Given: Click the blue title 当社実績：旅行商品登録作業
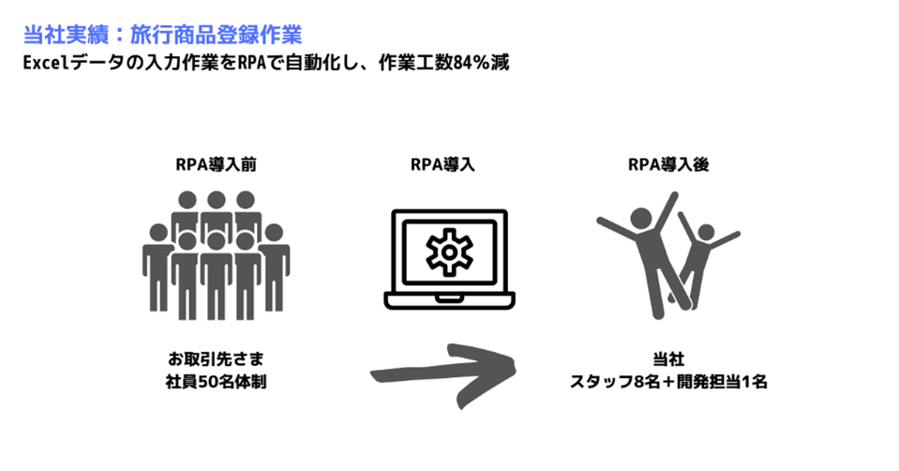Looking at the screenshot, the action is point(162,35).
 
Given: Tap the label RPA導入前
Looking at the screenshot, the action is point(217,164).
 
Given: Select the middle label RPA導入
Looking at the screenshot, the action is point(442,164).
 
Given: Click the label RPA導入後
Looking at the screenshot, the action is point(668,164).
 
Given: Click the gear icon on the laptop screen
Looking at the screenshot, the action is point(450,251).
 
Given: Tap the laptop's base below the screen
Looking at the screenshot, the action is point(450,300).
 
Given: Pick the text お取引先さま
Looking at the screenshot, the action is point(217,359).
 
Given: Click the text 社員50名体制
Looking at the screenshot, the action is point(217,382).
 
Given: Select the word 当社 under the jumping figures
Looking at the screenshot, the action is point(668,359).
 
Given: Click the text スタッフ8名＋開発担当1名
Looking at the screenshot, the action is point(668,382).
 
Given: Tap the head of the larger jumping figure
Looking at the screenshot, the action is point(641,219).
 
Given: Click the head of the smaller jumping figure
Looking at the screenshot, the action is point(707,232).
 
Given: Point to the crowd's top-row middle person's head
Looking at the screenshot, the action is point(217,200).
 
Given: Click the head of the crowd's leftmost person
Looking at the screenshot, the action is point(158,233).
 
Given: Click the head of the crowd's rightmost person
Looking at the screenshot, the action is point(274,233).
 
